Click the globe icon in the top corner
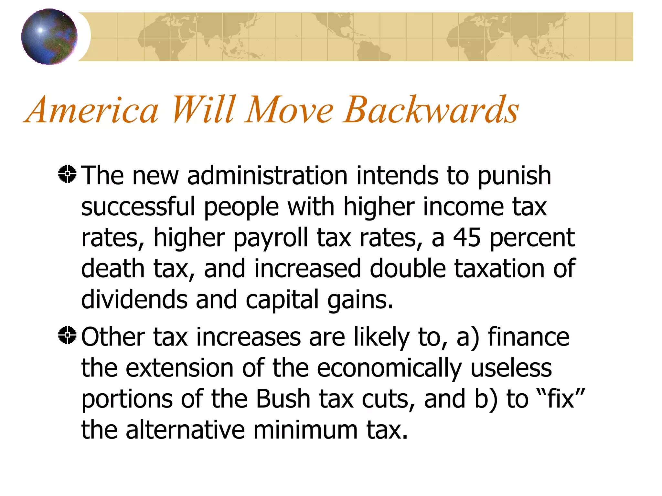pyautogui.click(x=49, y=36)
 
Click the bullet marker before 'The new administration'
pyautogui.click(x=67, y=174)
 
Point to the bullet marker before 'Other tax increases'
pyautogui.click(x=67, y=335)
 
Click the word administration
pyautogui.click(x=267, y=176)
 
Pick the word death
pyautogui.click(x=112, y=269)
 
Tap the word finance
pyautogui.click(x=529, y=337)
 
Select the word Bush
pyautogui.click(x=283, y=399)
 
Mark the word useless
pyautogui.click(x=511, y=368)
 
